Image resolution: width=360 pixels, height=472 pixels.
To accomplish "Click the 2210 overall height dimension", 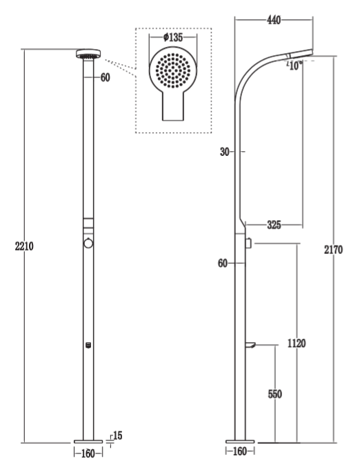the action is pos(24,246).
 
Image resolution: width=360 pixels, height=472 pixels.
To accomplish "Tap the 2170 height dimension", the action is pos(333,250).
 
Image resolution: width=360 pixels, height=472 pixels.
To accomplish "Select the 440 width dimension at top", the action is pos(274,20).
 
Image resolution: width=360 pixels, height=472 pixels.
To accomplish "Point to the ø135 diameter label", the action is pos(173,37).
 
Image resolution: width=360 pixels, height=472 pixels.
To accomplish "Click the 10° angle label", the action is pos(294,66).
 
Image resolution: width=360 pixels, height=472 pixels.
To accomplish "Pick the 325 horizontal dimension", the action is pos(274,224).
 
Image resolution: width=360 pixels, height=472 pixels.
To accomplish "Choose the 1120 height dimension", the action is pos(297,343).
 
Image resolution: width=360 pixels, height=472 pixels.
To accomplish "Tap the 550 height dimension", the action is pos(275,394).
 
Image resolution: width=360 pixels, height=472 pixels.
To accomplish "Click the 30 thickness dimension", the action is pos(224,152).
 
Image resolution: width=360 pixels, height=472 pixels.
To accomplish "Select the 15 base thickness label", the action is pos(118,435).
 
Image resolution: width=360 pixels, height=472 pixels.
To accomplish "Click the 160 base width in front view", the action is pos(88,453).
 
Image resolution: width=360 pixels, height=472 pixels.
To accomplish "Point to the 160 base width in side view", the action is pos(240,451).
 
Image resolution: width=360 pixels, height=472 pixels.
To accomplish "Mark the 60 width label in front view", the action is pos(105,78).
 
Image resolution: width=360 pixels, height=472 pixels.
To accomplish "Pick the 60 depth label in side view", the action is pos(223,264).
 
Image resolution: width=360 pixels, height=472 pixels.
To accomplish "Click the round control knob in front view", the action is pos(88,243).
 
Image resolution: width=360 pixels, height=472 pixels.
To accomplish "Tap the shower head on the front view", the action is pos(88,55).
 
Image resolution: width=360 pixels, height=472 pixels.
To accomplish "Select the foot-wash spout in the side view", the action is pos(250,345).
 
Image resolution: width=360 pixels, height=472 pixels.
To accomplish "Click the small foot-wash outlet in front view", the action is pos(88,345).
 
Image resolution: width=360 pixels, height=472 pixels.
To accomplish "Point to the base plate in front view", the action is pos(88,442).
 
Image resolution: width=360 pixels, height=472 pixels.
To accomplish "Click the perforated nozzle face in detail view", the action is pos(173,71).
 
